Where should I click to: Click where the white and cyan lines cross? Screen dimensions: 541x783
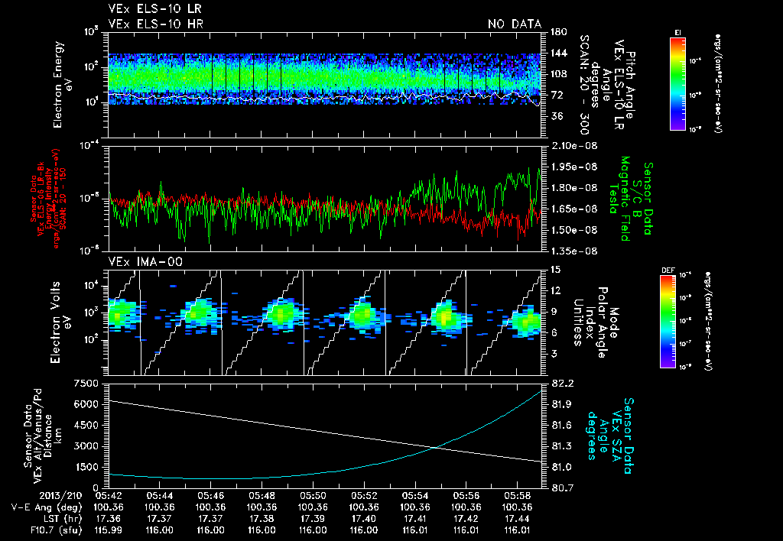coord(436,448)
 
